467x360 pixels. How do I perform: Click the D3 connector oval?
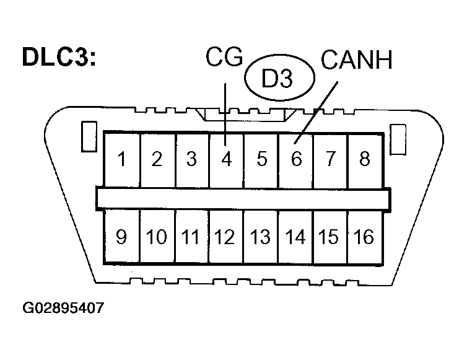pos(279,79)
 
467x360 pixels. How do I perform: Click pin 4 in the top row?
pos(226,160)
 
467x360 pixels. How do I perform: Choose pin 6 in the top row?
pos(296,160)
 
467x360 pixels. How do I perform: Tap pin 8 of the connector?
pos(364,160)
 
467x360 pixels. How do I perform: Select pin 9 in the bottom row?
pos(122,237)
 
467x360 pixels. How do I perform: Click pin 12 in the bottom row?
pos(226,237)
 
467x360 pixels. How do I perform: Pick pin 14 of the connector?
pos(296,237)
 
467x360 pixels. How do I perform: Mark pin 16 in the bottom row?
pos(364,237)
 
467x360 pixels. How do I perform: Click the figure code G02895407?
pos(63,307)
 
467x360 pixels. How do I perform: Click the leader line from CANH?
pos(319,108)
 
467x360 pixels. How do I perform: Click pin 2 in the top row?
pos(157,160)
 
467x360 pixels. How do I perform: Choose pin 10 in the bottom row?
pos(157,237)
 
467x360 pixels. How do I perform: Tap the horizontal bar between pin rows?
pos(243,198)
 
